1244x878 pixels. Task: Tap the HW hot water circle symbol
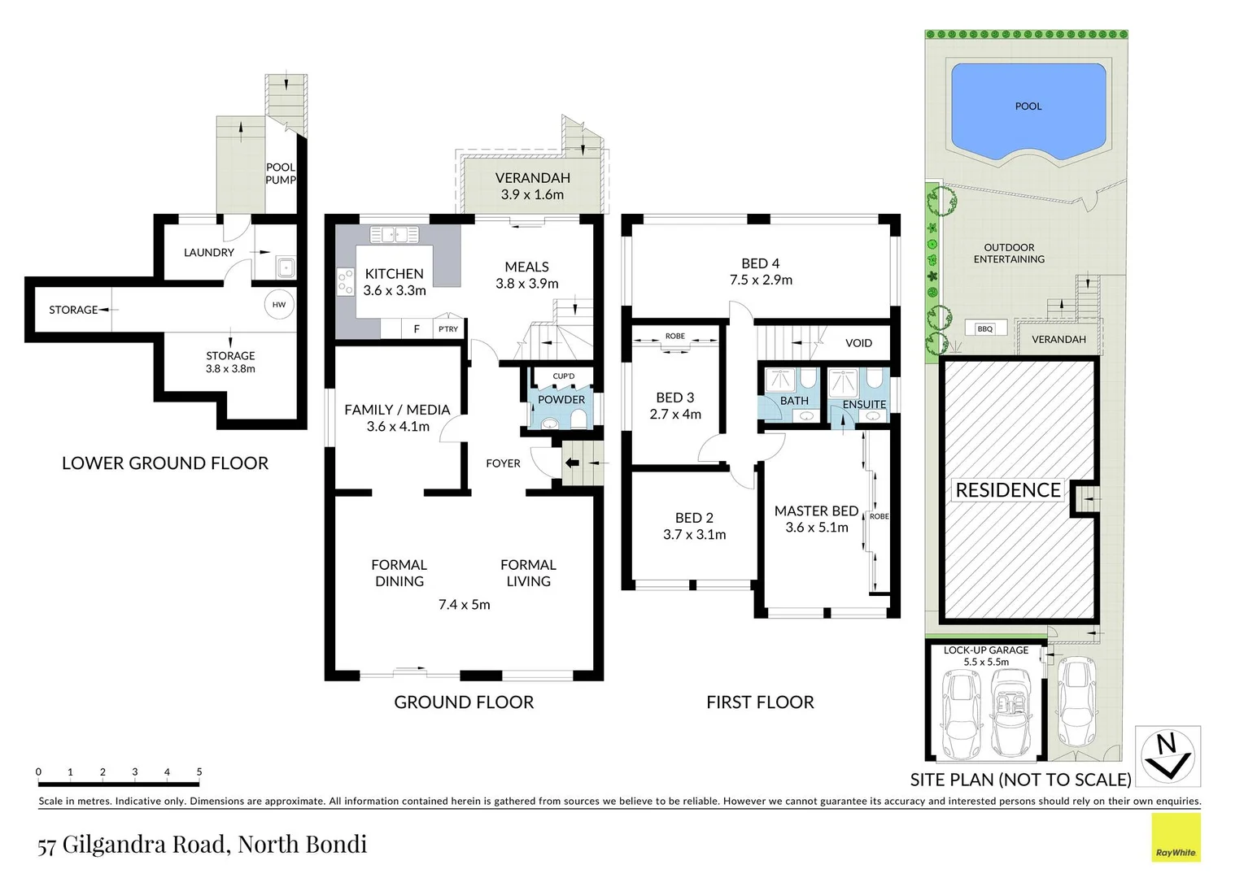pyautogui.click(x=279, y=305)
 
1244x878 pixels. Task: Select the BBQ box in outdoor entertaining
pyautogui.click(x=985, y=328)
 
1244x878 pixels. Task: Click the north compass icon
pyautogui.click(x=1168, y=756)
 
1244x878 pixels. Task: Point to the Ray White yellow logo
pyautogui.click(x=1176, y=837)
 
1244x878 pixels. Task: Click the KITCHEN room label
pyautogui.click(x=394, y=274)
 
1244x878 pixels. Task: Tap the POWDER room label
pyautogui.click(x=561, y=399)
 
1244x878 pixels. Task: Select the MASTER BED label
pyautogui.click(x=816, y=511)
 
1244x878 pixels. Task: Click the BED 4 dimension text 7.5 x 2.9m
pyautogui.click(x=761, y=280)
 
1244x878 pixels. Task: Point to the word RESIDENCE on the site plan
pyautogui.click(x=1008, y=490)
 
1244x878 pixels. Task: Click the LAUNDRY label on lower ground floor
pyautogui.click(x=209, y=253)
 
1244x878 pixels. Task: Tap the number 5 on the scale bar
pyautogui.click(x=199, y=772)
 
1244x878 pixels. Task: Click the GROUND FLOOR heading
pyautogui.click(x=464, y=702)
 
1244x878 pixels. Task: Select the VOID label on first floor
pyautogui.click(x=858, y=343)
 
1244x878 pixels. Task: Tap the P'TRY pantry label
pyautogui.click(x=448, y=329)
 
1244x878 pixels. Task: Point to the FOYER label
pyautogui.click(x=503, y=463)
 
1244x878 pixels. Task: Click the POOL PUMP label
pyautogui.click(x=281, y=173)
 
